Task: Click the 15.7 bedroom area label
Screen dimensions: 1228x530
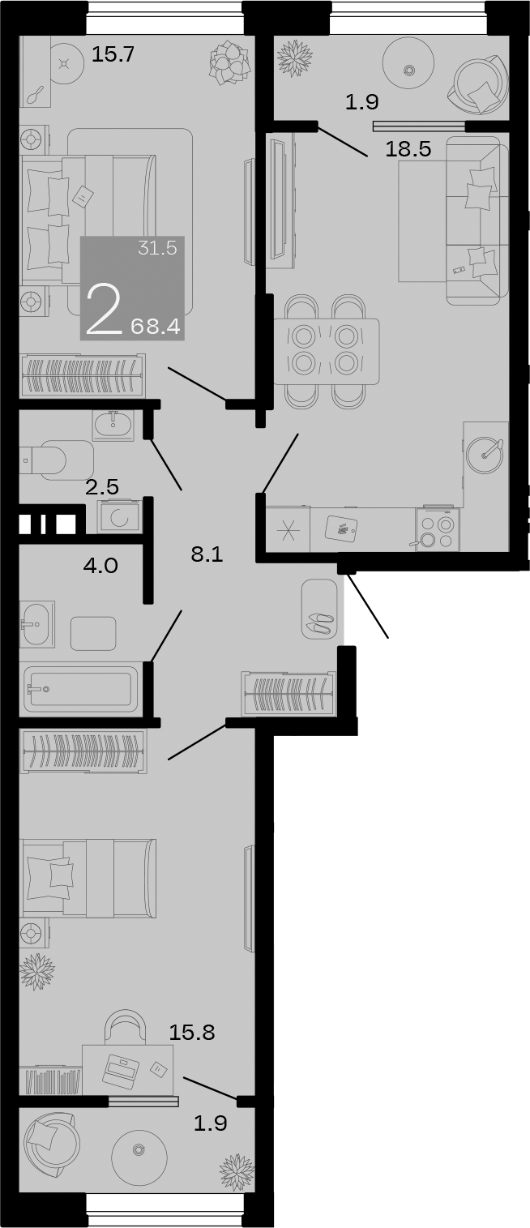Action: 113,55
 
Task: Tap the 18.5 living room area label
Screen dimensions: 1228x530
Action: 408,149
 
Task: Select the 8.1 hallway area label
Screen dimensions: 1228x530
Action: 207,554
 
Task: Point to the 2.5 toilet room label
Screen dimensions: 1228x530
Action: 102,488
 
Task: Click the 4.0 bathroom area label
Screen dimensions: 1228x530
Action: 100,565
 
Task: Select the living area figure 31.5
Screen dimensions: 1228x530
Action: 157,249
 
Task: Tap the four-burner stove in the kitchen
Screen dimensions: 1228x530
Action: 438,530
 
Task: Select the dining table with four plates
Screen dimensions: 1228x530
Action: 326,351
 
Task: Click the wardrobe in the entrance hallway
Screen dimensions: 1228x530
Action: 289,694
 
